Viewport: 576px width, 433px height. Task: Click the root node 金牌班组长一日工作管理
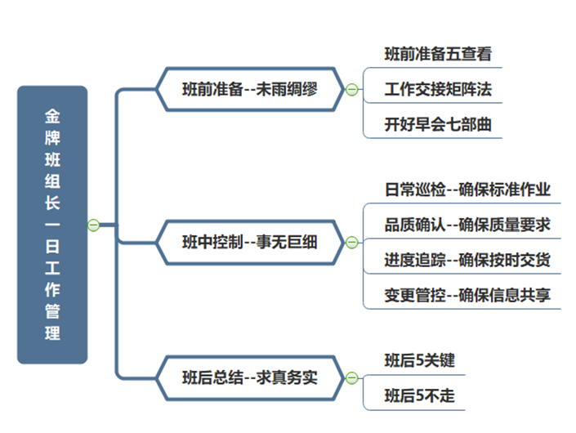coord(52,225)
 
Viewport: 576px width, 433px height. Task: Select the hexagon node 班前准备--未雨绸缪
coord(250,89)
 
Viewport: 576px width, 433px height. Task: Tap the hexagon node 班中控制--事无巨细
coord(250,243)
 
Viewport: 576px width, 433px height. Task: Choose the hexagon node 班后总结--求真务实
coord(250,378)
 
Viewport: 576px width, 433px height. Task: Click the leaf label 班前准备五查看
coord(438,54)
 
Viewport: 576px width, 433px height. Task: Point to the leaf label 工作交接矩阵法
coord(438,89)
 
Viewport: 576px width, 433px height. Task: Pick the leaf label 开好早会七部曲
coord(438,124)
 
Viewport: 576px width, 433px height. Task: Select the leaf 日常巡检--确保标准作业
coord(467,190)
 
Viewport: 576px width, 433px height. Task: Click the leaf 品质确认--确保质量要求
coord(467,225)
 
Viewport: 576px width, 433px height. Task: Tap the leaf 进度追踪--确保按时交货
coord(467,260)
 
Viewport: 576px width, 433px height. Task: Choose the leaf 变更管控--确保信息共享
coord(467,295)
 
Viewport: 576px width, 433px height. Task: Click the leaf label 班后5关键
coord(419,360)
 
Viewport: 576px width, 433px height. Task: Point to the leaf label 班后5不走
coord(419,395)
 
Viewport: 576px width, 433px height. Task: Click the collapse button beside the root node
coord(94,225)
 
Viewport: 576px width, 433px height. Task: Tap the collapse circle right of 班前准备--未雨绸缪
coord(352,89)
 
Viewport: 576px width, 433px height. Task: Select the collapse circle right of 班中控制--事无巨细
coord(352,243)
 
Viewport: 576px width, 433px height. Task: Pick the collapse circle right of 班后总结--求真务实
coord(352,378)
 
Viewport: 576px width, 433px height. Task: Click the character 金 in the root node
coord(52,116)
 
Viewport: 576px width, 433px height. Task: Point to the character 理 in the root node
coord(52,333)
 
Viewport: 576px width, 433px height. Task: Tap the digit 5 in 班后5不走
coord(419,396)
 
